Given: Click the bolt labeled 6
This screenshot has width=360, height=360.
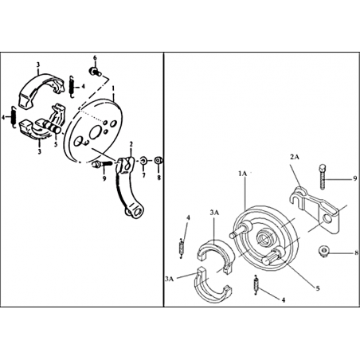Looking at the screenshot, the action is point(95,72).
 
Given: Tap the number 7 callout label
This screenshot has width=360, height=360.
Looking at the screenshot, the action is point(143,175).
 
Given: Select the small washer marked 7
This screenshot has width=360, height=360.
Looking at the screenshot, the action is point(143,160).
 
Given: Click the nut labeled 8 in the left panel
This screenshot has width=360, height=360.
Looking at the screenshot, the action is point(158,160).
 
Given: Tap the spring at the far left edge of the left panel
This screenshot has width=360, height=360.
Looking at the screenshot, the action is point(14,117).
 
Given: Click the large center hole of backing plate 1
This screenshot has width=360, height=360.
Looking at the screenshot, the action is point(95,132).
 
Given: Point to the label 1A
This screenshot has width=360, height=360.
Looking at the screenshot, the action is point(242,174).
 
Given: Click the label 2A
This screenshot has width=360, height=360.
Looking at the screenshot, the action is point(295,157).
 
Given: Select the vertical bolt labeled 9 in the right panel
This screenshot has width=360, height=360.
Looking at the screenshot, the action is point(323,177).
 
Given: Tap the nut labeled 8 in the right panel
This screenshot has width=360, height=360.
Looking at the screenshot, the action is point(323,251).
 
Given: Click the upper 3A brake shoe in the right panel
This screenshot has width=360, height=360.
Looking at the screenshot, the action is point(216,253).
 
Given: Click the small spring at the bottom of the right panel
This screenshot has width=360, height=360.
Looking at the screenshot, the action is point(256,285).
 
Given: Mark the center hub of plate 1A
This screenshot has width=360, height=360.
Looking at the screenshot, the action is point(263,237).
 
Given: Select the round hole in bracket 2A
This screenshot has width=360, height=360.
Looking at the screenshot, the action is point(327,218).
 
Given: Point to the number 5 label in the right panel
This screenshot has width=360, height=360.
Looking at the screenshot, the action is point(318,288).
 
